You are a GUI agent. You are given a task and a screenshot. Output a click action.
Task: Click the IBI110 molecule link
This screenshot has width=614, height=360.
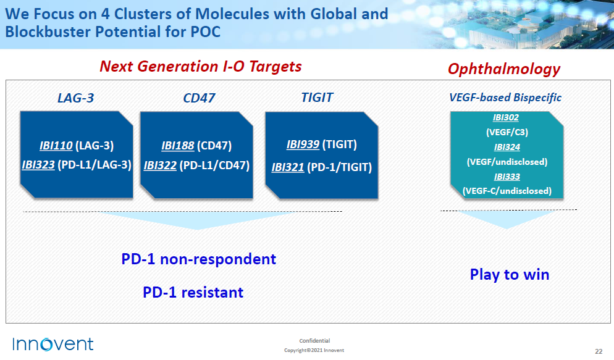click(x=56, y=146)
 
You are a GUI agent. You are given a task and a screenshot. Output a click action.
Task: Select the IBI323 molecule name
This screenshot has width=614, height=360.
click(x=38, y=165)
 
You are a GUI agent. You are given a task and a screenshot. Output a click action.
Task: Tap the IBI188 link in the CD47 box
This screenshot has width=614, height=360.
click(x=178, y=146)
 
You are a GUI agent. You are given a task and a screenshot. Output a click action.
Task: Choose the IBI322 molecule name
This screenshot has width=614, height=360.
click(x=160, y=165)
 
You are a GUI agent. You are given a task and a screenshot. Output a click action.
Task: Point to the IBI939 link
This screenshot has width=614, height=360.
click(x=303, y=144)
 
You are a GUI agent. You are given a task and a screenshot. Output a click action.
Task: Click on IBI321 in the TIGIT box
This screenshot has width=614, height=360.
click(x=288, y=167)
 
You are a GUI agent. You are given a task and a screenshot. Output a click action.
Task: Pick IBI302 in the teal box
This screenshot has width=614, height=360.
click(x=506, y=117)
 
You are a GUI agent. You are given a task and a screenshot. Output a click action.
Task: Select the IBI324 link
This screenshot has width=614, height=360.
click(x=507, y=147)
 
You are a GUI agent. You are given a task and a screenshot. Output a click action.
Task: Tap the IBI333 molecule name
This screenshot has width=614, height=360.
click(x=507, y=177)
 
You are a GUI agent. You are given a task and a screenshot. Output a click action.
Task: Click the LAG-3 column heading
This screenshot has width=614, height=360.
click(x=75, y=98)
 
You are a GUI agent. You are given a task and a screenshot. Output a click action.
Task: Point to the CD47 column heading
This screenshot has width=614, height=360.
click(x=199, y=98)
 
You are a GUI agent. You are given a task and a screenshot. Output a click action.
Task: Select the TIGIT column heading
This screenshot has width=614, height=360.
click(x=317, y=98)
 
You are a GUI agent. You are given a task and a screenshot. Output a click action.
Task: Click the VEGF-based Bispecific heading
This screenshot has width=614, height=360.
click(x=505, y=98)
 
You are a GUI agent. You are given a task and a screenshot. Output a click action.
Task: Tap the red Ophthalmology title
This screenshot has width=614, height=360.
click(x=504, y=69)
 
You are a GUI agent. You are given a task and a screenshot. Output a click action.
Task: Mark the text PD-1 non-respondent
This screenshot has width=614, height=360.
click(x=198, y=259)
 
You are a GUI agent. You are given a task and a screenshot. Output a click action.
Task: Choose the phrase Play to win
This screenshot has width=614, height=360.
click(x=510, y=275)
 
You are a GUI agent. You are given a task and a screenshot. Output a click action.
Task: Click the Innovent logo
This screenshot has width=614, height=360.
click(x=53, y=345)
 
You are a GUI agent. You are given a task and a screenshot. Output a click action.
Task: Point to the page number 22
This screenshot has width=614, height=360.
click(x=599, y=351)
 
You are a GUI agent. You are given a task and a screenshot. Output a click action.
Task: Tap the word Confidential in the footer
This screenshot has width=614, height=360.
click(x=314, y=341)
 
